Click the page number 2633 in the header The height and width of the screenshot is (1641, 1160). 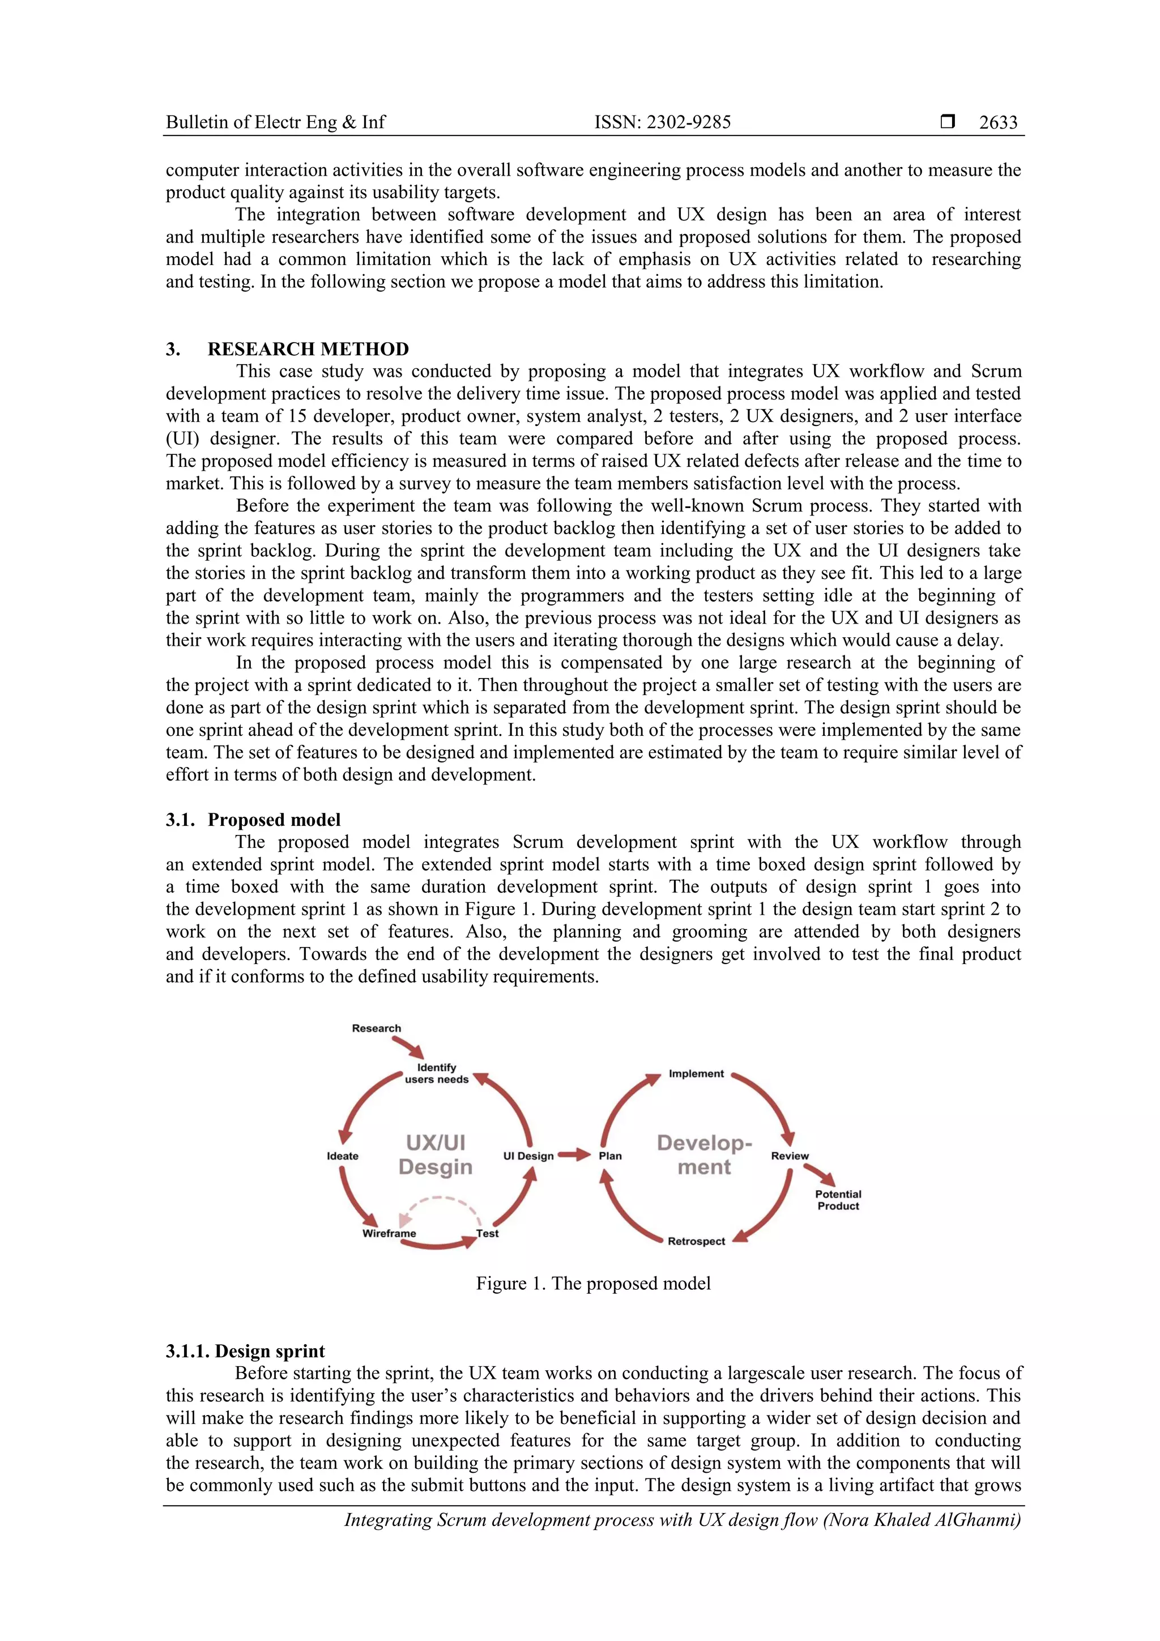[x=998, y=122]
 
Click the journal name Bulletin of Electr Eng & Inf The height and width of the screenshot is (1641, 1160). [x=275, y=122]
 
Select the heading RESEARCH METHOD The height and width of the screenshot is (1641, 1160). [x=308, y=349]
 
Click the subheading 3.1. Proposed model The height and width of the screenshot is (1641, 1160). [x=253, y=819]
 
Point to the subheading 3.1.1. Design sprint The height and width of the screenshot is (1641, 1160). [x=245, y=1351]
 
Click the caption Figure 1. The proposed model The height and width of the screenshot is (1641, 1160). [x=592, y=1283]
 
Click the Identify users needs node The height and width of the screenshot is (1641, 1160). [x=436, y=1073]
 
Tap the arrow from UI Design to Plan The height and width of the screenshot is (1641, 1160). [x=573, y=1154]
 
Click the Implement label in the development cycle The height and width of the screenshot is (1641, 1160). [x=696, y=1073]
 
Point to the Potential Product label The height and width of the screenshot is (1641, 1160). [x=838, y=1199]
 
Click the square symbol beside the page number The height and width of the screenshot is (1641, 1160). [x=947, y=122]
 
